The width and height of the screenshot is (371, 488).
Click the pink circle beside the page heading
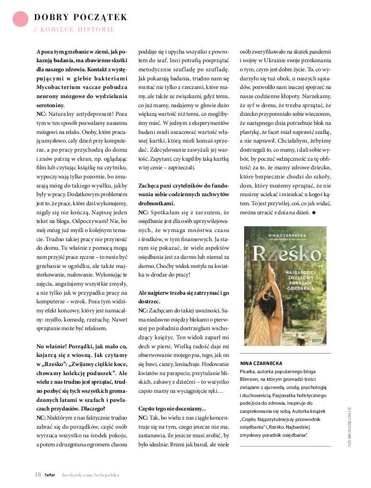[x=21, y=19]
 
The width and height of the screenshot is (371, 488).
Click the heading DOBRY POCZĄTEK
[x=80, y=18]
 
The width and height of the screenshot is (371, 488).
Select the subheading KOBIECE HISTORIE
[x=77, y=30]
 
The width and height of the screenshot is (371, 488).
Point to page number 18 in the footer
[x=38, y=475]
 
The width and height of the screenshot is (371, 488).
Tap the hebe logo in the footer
[x=50, y=475]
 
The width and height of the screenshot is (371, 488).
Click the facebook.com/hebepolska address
[x=90, y=475]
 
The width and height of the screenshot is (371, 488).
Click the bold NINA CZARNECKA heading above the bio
[x=261, y=363]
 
